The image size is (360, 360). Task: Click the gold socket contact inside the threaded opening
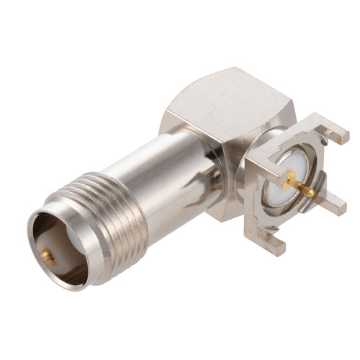[48, 253]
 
